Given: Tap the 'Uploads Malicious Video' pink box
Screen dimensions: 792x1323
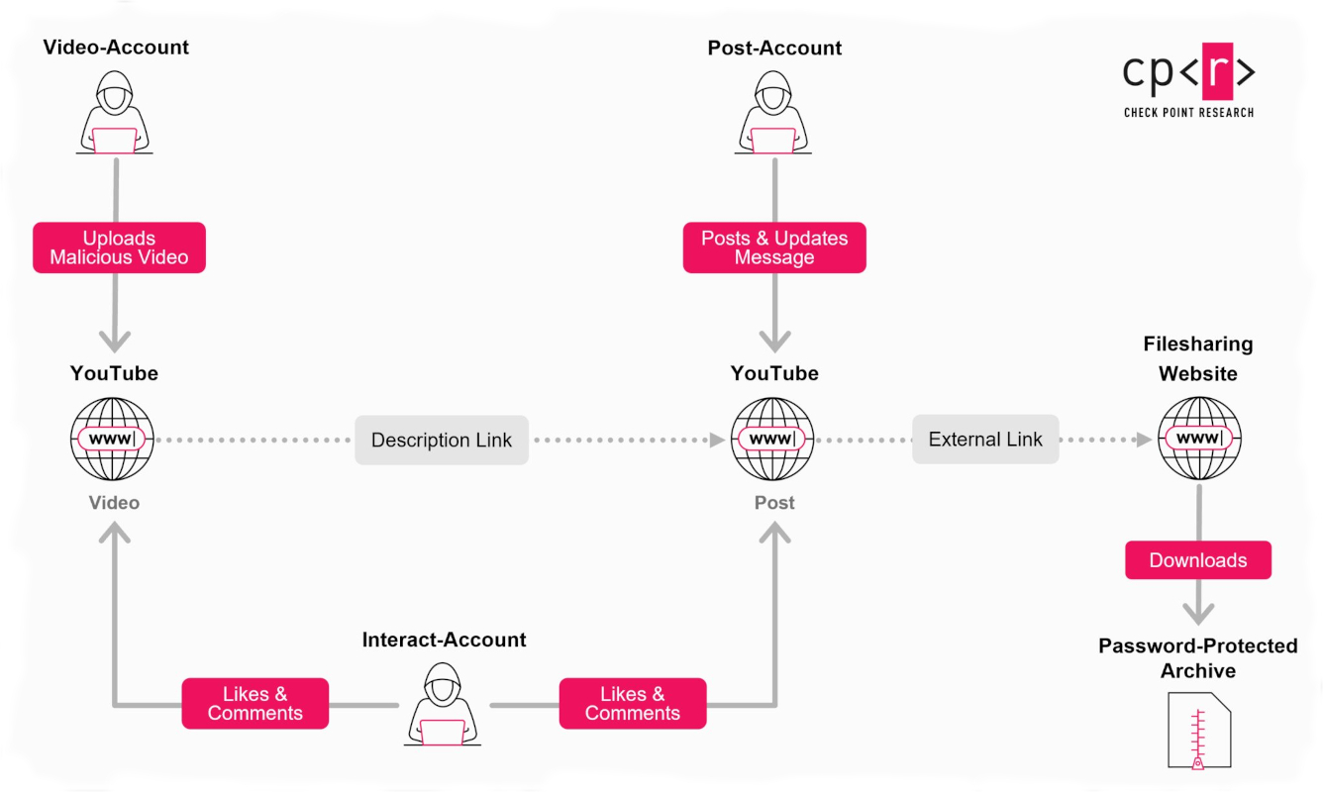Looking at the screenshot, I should pos(119,247).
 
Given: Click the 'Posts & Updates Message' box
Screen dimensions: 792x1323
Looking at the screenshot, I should pos(774,247).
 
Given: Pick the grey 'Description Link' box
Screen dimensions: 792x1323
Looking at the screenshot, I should pos(442,441).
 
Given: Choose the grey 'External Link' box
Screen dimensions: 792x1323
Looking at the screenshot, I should pos(985,440).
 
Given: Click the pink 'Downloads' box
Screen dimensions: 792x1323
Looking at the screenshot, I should pos(1198,560).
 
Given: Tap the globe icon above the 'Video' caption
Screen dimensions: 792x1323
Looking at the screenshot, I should pos(114,439).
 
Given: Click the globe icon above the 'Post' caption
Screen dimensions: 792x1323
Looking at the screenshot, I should pos(774,439).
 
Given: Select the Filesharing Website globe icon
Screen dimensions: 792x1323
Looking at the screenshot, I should pos(1199,439).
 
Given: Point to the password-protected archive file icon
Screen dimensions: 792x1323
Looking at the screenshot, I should pos(1199,731).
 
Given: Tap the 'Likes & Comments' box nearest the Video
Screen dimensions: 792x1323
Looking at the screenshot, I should pos(254,703).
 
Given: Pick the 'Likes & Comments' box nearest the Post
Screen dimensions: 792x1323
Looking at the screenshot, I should pos(633,703).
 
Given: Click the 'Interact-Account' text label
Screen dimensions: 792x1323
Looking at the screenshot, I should pos(444,640).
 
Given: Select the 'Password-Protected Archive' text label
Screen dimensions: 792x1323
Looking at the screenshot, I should pos(1198,658).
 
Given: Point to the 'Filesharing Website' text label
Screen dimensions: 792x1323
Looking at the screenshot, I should pos(1198,358).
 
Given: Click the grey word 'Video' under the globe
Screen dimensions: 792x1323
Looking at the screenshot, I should pos(114,503).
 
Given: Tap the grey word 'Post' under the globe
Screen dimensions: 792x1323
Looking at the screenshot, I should pos(774,503).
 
